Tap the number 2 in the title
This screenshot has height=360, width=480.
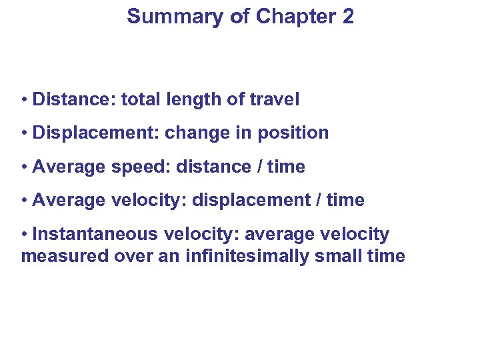tap(347, 16)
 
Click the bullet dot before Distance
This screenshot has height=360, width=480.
tap(25, 101)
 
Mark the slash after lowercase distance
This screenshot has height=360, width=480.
tap(257, 167)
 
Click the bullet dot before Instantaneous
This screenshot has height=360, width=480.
tap(25, 235)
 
